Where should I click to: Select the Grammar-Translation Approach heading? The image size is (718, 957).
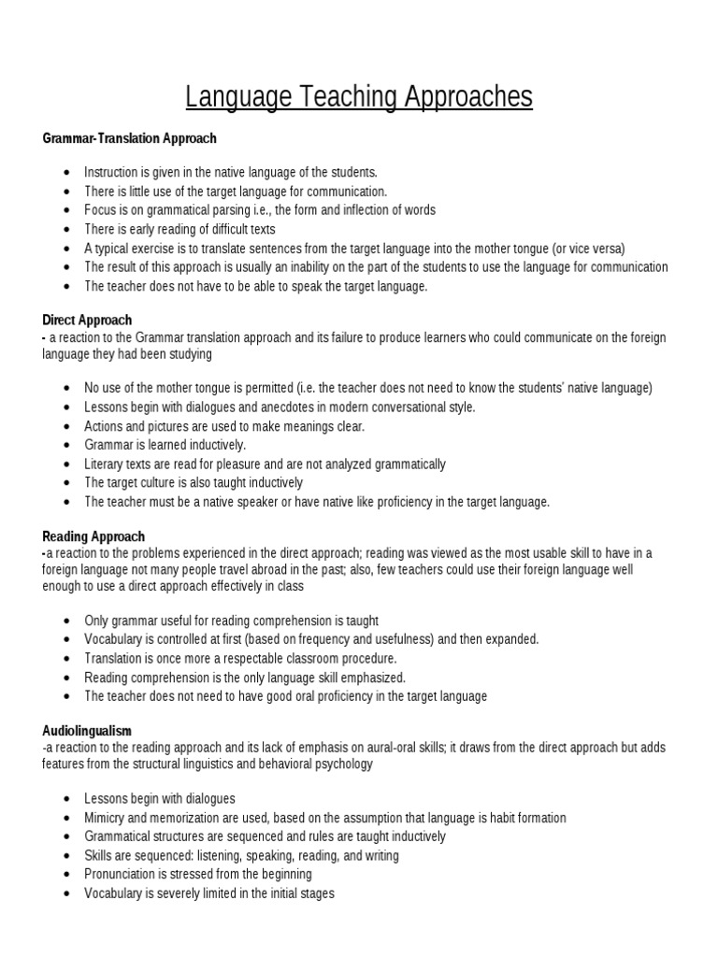coord(129,138)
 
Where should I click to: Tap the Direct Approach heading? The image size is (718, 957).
coord(87,320)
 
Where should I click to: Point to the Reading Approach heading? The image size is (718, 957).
coord(93,536)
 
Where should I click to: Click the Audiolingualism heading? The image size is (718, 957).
coord(87,729)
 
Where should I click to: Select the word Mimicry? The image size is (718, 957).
coord(106,818)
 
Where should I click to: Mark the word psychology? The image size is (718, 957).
coord(345,764)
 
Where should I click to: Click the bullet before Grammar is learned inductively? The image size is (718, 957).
coord(65,446)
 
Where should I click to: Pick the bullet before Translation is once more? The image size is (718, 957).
coord(65,659)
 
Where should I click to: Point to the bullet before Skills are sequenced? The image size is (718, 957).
coord(65,856)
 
